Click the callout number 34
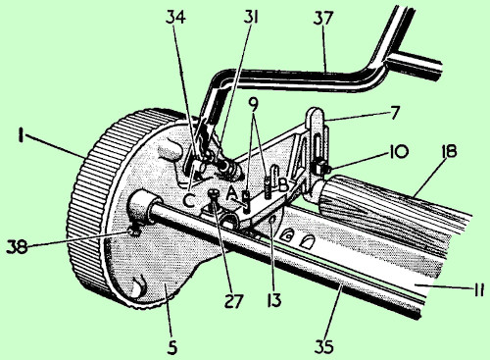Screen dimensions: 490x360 click(x=175, y=17)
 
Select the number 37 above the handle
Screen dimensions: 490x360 click(x=323, y=19)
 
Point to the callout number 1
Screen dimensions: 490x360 click(x=22, y=135)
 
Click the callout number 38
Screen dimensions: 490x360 click(x=17, y=246)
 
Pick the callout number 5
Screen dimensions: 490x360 click(x=172, y=347)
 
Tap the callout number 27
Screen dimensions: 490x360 click(x=234, y=301)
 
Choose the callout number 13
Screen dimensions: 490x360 click(x=273, y=300)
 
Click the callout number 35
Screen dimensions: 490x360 click(x=324, y=346)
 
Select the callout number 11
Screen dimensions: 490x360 click(x=478, y=289)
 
